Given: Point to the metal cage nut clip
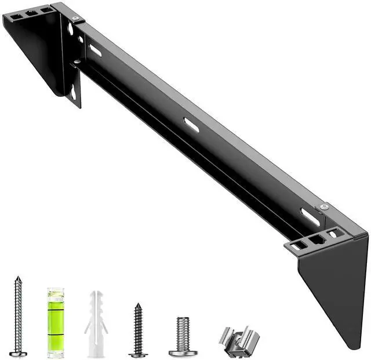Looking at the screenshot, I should coord(239,341).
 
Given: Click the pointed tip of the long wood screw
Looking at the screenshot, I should coord(18,278).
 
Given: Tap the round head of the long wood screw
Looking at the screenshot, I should coord(18,352).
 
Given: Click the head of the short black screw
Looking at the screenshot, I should coord(138,354).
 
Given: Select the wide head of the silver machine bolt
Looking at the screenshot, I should coord(183,352).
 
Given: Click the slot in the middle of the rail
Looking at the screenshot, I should coord(191,125).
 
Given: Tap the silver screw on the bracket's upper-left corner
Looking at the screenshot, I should coord(75,19).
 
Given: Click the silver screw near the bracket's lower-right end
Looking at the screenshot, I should coord(324,207).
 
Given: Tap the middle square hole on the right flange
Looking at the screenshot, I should coord(316,239).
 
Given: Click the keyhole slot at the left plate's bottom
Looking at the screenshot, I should coord(74,92).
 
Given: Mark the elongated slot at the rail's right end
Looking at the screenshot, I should coord(310,217).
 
